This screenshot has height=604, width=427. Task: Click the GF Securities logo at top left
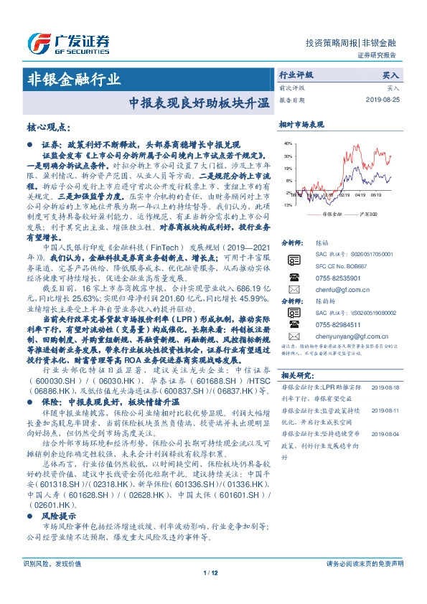coord(68,40)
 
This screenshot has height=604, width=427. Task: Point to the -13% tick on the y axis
coord(287,204)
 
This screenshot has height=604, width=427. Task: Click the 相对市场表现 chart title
coord(301,124)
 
